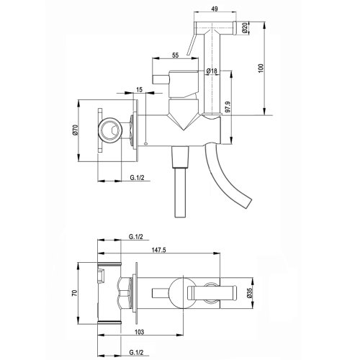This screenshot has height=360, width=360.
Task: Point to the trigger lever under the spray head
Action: tap(192, 49)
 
